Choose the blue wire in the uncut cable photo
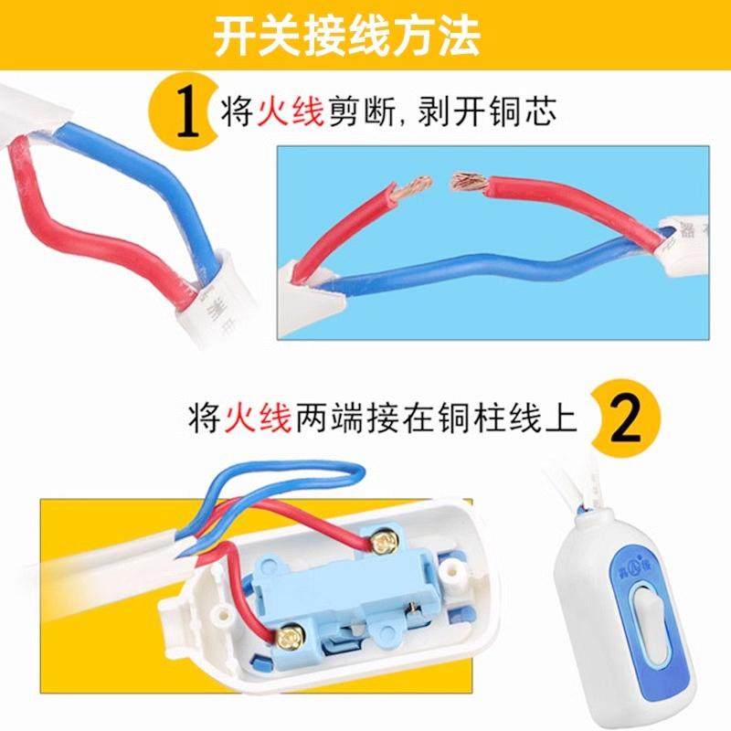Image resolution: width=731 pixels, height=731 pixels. click(137, 174)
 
